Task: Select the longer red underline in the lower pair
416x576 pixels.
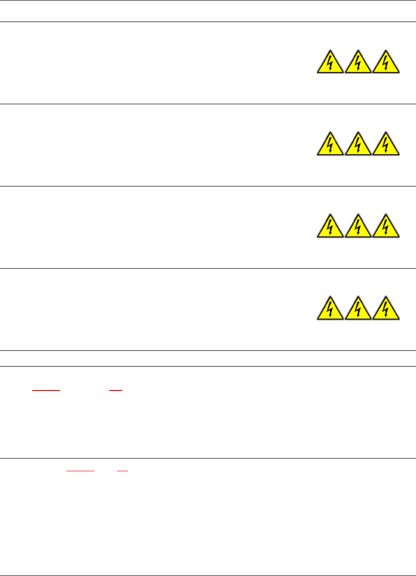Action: point(80,470)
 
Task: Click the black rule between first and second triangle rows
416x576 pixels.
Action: point(208,104)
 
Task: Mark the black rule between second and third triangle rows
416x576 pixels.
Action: point(208,186)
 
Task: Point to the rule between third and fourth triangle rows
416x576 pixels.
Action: point(208,268)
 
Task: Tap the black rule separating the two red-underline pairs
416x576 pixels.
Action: point(208,459)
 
